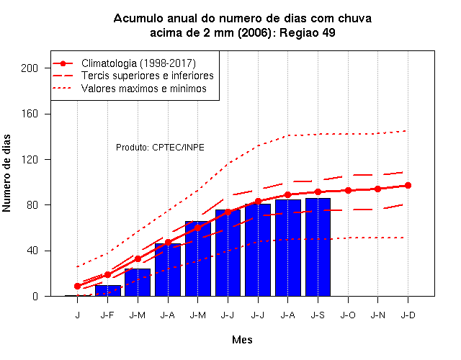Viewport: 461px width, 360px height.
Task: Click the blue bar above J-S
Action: click(x=318, y=247)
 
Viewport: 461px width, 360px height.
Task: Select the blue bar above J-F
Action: click(x=107, y=291)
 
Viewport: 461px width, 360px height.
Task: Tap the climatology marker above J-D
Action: click(x=408, y=186)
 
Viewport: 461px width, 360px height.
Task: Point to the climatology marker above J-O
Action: click(x=348, y=190)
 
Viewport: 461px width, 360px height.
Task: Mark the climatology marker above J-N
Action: click(x=377, y=189)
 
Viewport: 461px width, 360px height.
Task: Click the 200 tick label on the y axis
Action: click(x=30, y=68)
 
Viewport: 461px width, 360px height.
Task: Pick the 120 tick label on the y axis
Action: click(x=30, y=160)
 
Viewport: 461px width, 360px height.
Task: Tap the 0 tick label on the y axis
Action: click(x=35, y=296)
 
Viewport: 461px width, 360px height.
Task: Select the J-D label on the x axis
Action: click(x=408, y=315)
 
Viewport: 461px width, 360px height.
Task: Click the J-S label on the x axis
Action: click(x=318, y=315)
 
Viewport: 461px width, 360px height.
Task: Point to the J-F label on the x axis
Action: click(x=107, y=315)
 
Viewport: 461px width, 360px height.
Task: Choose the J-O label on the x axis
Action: click(x=348, y=315)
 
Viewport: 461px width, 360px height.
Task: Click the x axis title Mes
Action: click(x=242, y=340)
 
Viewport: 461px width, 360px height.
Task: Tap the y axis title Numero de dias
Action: click(x=6, y=173)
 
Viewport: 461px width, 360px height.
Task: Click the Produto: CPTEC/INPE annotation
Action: click(x=160, y=147)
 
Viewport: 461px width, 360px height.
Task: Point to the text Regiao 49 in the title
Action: click(x=308, y=33)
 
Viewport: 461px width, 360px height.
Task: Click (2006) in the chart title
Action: click(x=254, y=33)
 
